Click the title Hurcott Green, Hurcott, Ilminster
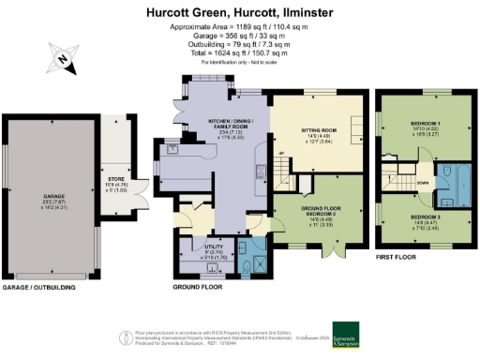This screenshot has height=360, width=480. (240, 12)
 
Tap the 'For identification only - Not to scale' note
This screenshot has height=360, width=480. (240, 61)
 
